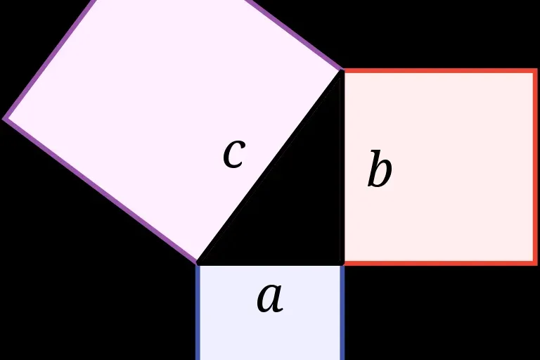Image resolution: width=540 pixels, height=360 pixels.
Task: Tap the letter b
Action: pos(379,170)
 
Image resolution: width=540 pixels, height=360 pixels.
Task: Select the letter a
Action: pos(269,297)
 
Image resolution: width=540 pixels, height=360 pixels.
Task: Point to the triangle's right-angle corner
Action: pos(342,264)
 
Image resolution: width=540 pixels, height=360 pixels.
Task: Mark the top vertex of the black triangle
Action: pos(342,71)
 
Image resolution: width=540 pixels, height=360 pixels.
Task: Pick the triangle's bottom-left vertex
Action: pos(198,264)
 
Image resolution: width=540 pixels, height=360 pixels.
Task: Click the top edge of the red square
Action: pos(439,71)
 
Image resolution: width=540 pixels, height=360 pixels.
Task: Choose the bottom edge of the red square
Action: pos(439,263)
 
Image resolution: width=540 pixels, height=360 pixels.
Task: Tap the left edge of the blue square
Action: pos(198,313)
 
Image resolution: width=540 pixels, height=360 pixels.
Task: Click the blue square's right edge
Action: pos(342,313)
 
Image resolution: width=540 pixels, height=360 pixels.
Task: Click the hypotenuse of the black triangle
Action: pos(270,167)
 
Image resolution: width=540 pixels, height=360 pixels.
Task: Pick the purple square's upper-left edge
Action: pos(49,59)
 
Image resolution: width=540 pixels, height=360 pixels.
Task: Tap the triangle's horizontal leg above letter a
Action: pos(270,264)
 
